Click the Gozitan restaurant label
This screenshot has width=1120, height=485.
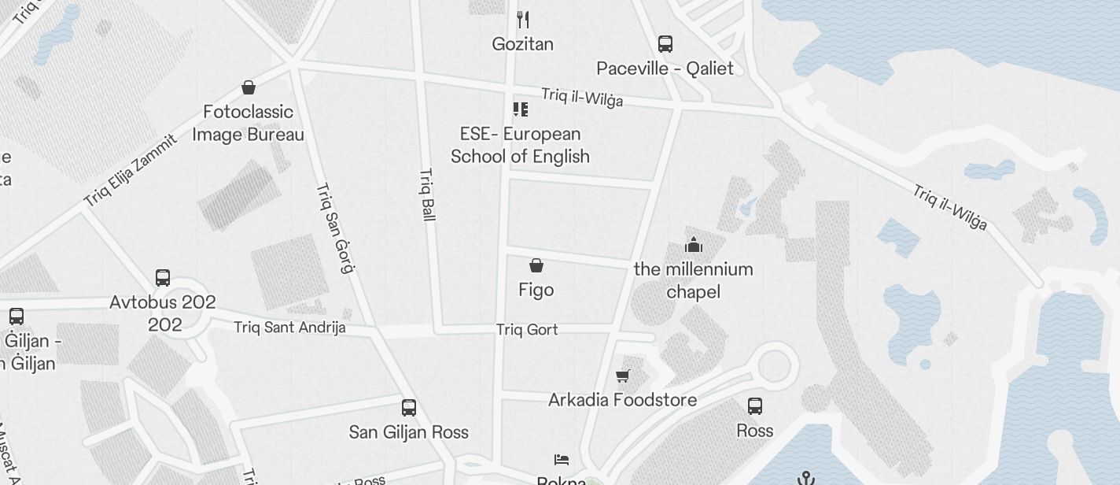point(522,44)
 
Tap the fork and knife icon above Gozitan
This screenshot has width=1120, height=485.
point(522,19)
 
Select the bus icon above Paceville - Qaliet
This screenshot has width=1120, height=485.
point(665,44)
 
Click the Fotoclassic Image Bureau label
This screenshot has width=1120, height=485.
point(248,124)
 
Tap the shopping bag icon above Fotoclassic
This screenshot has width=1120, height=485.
point(249,87)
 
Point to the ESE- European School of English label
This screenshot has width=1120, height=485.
point(520,145)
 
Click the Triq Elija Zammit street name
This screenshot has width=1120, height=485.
point(131,172)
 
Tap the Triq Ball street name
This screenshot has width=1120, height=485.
point(428,194)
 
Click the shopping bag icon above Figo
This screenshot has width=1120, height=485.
point(536,265)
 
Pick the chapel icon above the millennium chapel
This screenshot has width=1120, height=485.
point(693,244)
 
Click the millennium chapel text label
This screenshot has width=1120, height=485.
point(693,280)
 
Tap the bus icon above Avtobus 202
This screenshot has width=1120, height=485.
point(163,277)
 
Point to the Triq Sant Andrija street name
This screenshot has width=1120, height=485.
point(289,327)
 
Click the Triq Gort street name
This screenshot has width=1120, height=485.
point(527,330)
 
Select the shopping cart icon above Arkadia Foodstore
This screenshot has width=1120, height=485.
point(623,376)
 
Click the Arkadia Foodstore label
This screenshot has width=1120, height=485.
point(622,400)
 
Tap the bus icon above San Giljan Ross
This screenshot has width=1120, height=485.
point(409,408)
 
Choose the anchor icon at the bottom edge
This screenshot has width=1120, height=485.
point(805,477)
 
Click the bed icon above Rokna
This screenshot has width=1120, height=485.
point(562,460)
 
